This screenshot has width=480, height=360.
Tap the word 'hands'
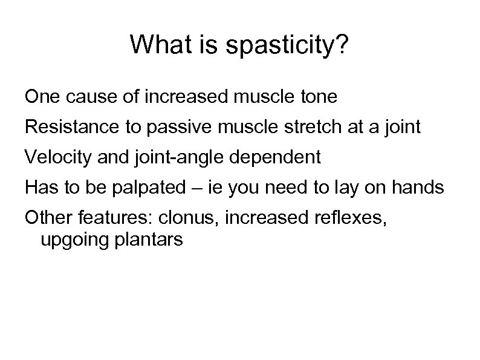418,188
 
